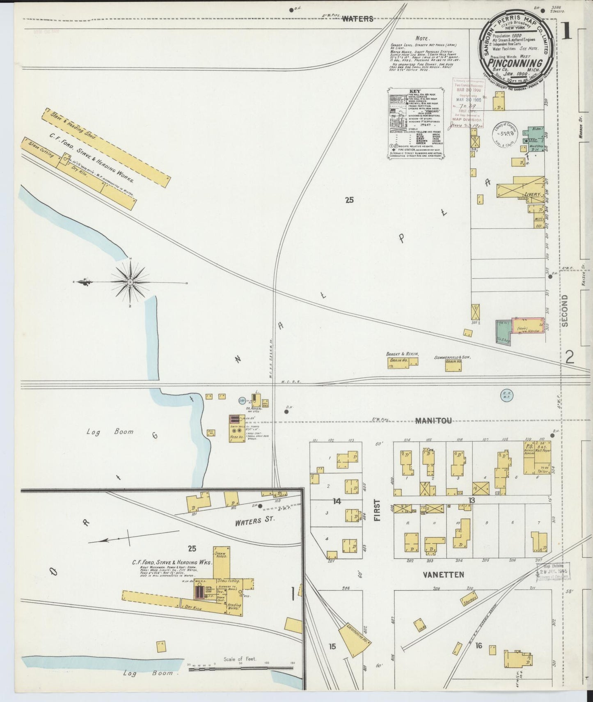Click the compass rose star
pos(130,282)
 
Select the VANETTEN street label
pos(443,575)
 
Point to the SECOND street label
pos(565,310)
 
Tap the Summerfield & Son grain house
pos(453,365)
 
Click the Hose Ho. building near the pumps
pos(236,429)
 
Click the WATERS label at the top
pos(357,18)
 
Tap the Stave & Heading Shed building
pos(106,148)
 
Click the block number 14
pos(337,501)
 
